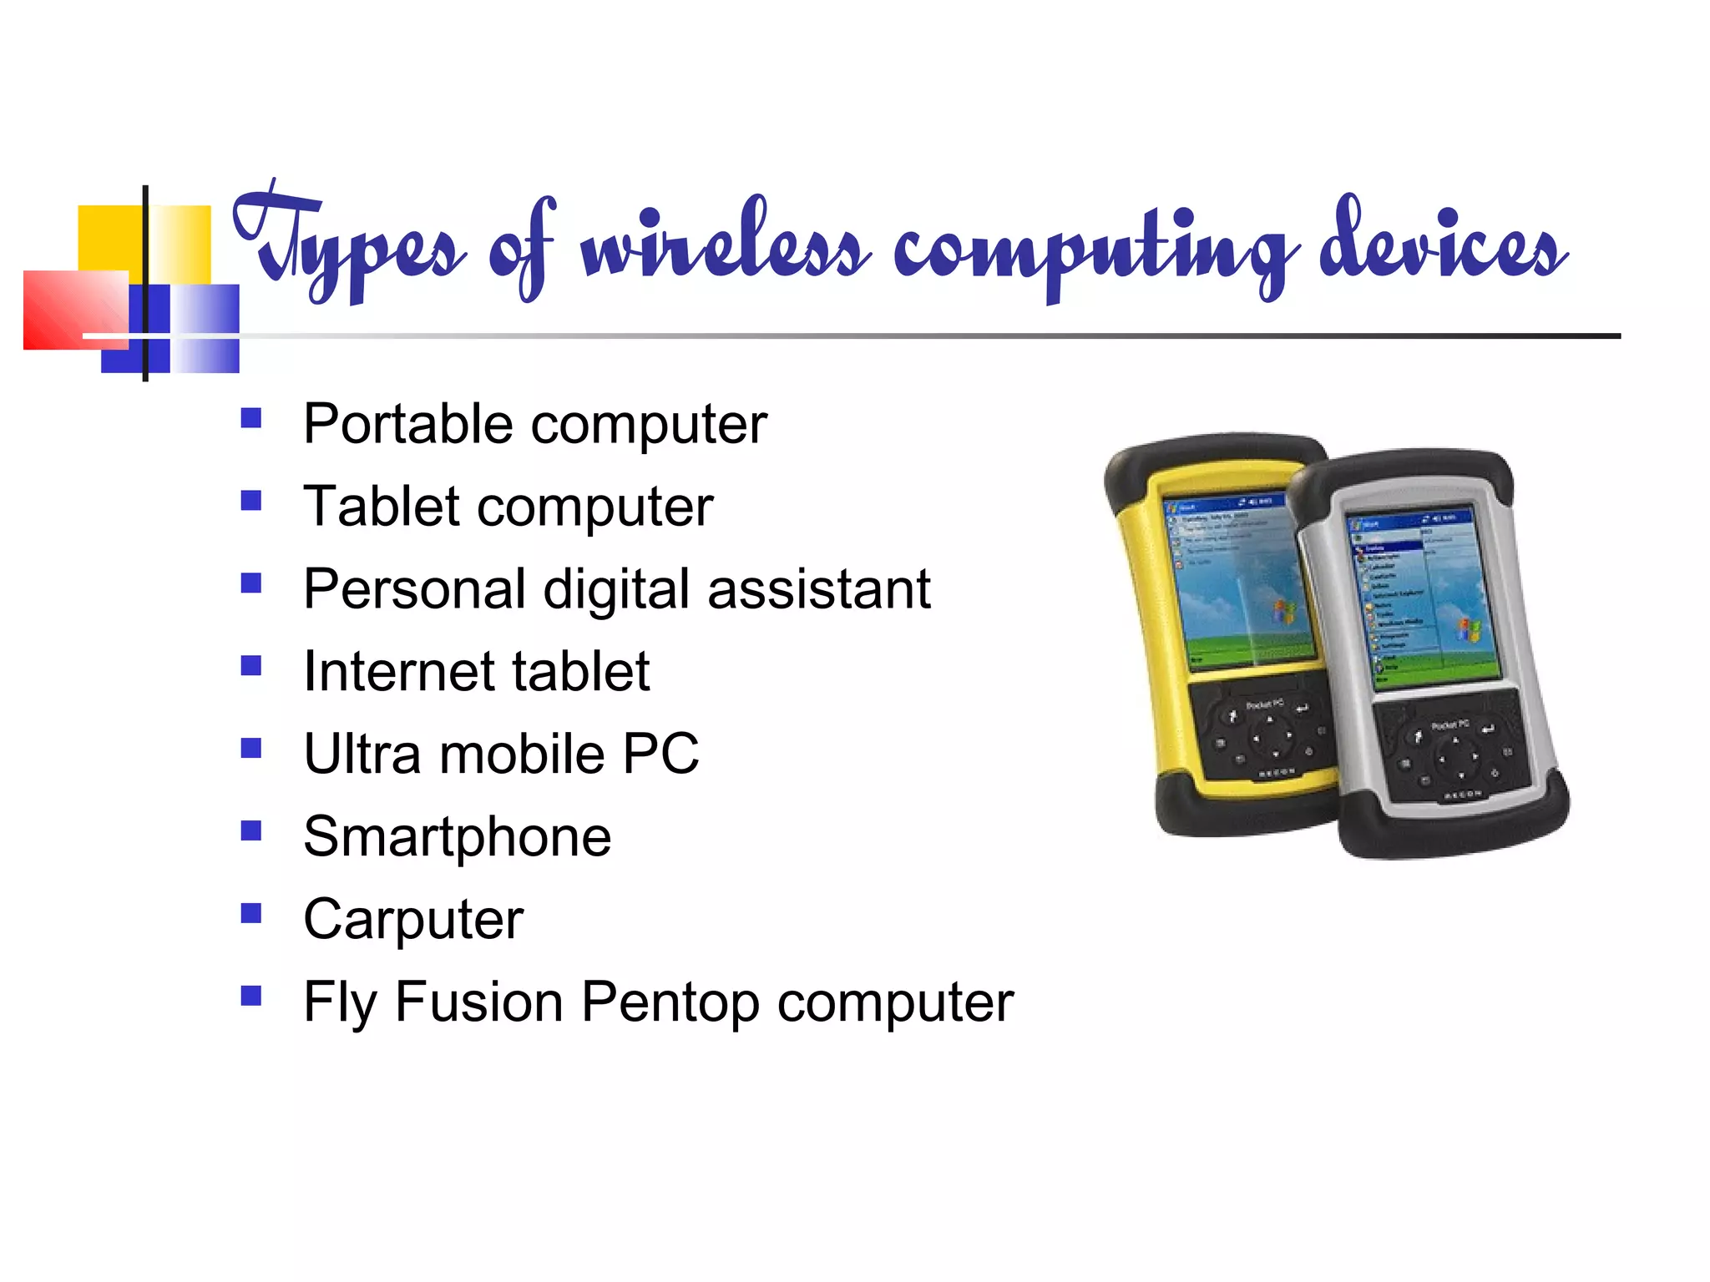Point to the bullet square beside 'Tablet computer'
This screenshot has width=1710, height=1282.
tap(250, 501)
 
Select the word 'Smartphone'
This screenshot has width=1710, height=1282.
tap(457, 837)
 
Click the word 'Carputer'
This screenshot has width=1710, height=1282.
tap(413, 919)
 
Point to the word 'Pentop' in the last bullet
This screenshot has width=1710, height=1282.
tap(670, 1002)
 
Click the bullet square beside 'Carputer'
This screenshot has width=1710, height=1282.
tap(250, 913)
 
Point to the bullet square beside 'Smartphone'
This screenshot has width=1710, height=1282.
tap(250, 830)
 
